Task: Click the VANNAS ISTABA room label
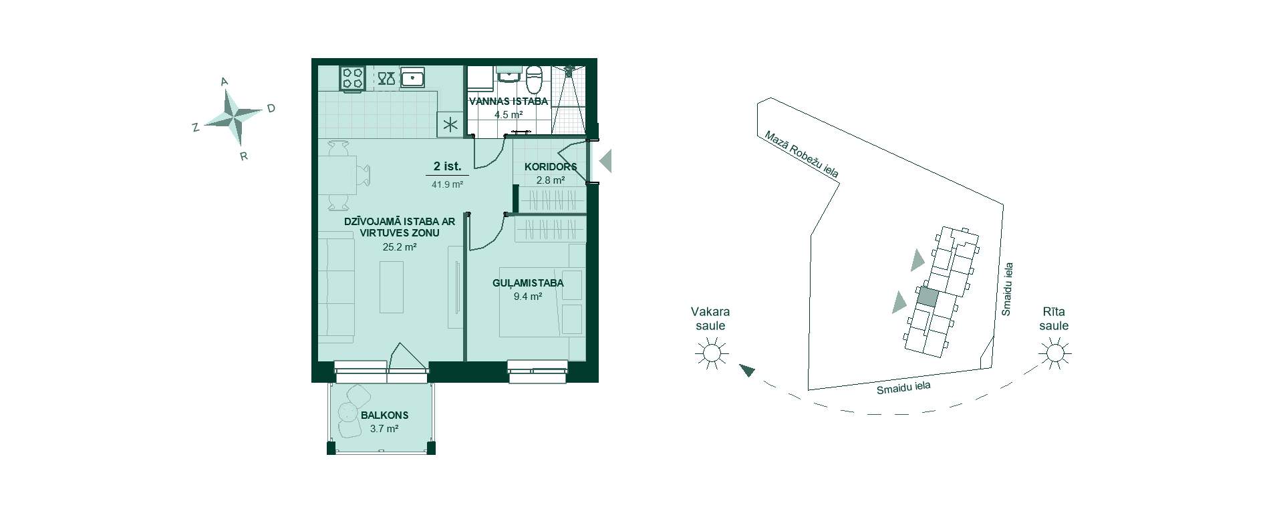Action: click(x=508, y=102)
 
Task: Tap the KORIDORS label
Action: click(x=551, y=166)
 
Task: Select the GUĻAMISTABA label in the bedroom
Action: click(x=528, y=283)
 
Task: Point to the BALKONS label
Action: click(x=384, y=415)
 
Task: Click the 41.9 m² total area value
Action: click(x=447, y=185)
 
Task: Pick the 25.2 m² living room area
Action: click(x=400, y=246)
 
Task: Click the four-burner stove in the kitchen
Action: click(x=352, y=78)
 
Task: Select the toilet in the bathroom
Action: click(x=534, y=79)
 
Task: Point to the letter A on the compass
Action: click(x=225, y=81)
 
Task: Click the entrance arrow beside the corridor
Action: click(x=605, y=161)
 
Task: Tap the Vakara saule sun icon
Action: click(x=710, y=353)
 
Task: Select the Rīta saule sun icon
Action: click(x=1054, y=352)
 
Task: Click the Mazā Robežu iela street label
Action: click(x=802, y=154)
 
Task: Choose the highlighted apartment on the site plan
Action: click(x=927, y=297)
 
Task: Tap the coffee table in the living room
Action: click(x=392, y=287)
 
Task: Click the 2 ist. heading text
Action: click(x=447, y=166)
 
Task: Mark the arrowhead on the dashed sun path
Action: click(x=746, y=370)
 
